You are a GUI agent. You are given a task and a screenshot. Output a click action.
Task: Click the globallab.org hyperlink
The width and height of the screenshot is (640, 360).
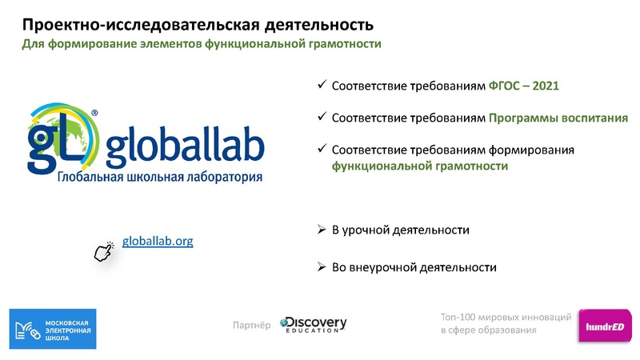click(158, 240)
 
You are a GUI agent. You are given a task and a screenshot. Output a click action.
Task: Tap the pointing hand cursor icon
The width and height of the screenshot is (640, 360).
click(104, 252)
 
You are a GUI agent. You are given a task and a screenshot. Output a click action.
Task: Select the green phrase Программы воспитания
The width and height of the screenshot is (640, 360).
click(558, 118)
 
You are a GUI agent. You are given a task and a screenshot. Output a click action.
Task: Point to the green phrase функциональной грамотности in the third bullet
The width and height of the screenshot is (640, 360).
click(420, 166)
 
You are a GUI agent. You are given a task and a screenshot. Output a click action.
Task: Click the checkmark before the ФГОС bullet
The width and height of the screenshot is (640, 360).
click(322, 85)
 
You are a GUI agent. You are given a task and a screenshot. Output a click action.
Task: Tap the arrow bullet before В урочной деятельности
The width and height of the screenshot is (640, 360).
click(322, 230)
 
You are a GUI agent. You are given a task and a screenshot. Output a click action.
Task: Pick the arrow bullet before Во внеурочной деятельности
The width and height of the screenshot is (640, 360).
click(322, 266)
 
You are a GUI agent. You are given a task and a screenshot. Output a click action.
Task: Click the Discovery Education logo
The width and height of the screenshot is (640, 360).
click(313, 324)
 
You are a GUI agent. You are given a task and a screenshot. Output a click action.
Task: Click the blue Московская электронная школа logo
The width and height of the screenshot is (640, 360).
click(52, 329)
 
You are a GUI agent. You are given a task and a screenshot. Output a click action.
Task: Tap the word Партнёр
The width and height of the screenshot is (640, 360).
click(250, 325)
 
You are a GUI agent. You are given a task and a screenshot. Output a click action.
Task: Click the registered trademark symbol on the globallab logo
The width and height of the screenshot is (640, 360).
click(95, 114)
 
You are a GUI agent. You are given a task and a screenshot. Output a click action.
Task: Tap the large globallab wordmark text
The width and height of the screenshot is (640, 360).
click(183, 148)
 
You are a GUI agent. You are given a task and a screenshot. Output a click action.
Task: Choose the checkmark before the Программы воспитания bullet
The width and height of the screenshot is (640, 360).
click(322, 117)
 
